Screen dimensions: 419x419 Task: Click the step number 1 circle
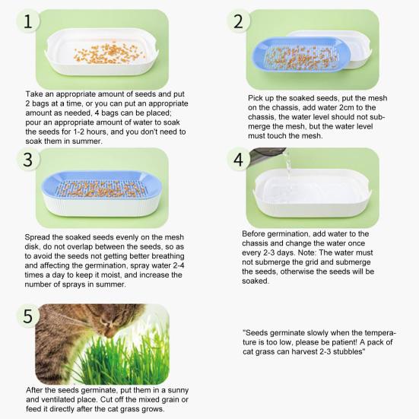28,22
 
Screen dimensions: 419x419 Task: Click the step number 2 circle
239,21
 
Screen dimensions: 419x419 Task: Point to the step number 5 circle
28,316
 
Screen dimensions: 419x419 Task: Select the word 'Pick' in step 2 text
258,99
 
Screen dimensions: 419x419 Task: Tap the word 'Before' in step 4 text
256,233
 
